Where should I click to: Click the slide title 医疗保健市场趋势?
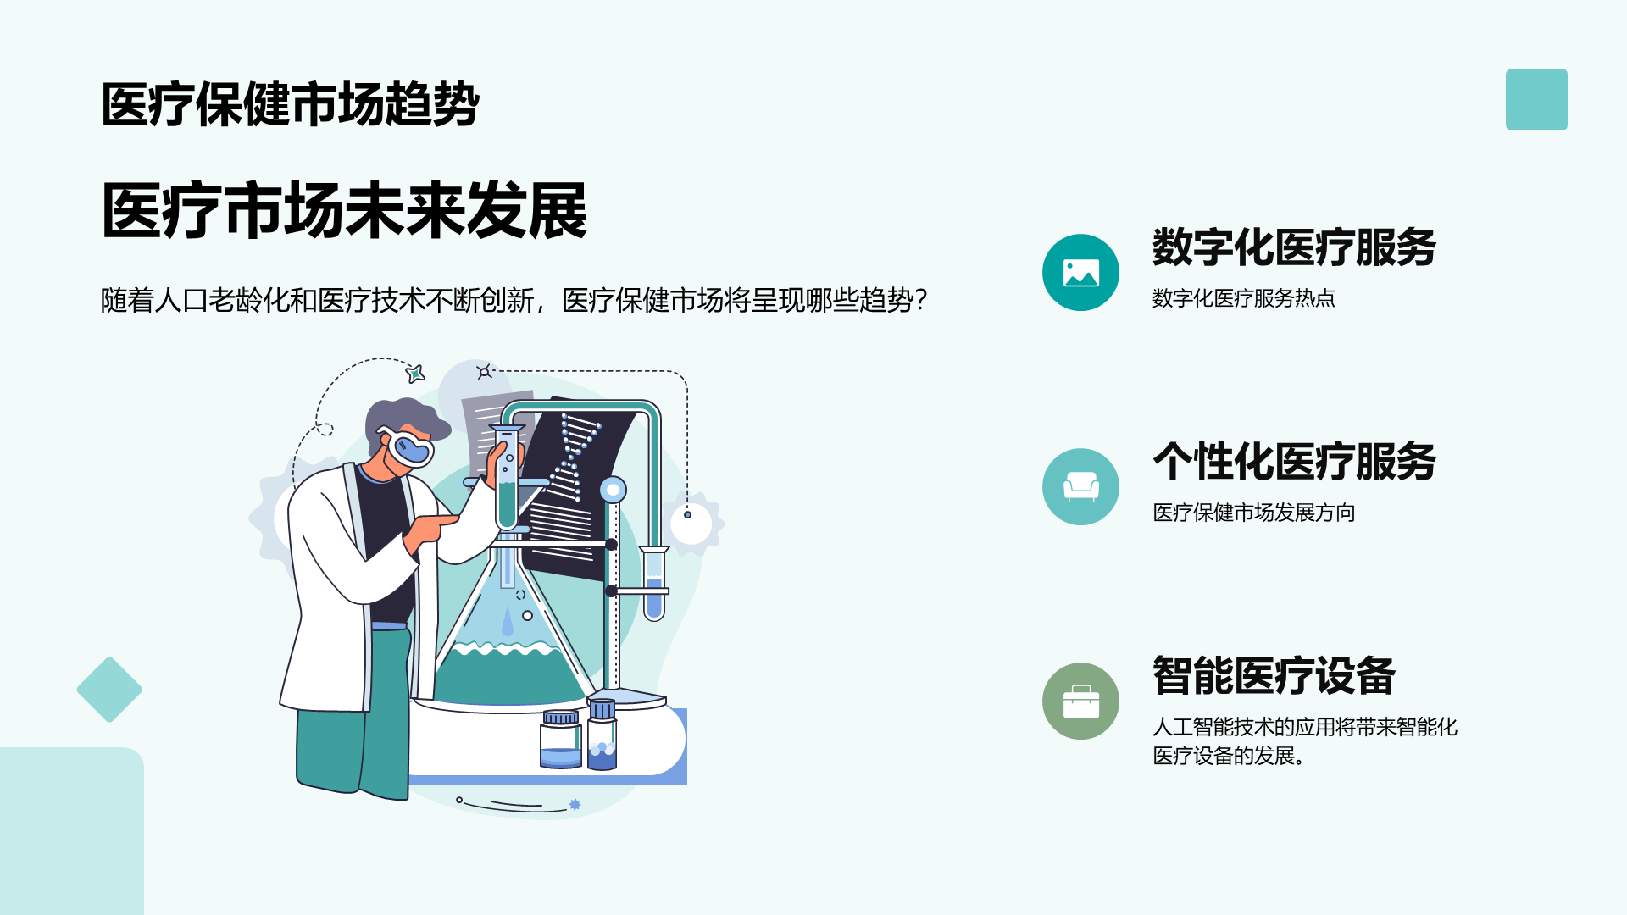291,104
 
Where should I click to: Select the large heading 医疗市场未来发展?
344,210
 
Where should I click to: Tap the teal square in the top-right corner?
1536,99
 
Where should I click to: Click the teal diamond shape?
109,690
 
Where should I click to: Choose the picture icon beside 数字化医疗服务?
1080,273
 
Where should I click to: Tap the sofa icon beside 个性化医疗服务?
1080,487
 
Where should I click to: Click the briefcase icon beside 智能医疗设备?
1080,701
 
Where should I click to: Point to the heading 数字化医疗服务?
1294,247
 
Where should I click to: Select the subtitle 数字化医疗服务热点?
1244,298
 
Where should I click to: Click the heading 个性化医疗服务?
1294,462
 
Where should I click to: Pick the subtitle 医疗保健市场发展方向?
1254,513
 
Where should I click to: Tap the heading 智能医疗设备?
1274,676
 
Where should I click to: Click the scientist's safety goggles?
408,446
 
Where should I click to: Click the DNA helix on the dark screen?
574,457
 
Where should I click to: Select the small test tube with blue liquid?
653,584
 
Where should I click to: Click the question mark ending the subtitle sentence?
921,300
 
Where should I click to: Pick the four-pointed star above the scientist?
415,373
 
